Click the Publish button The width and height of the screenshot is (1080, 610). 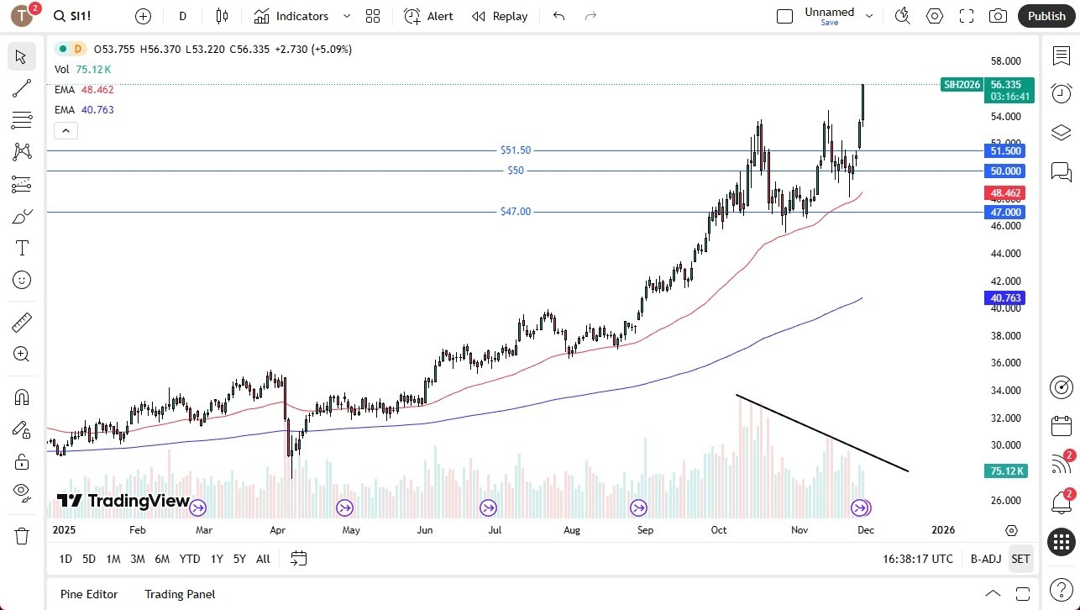coord(1046,16)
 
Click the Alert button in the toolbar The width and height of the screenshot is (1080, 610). coord(428,16)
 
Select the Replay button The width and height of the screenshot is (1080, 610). coord(500,16)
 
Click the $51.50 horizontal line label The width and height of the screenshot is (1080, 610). coord(516,150)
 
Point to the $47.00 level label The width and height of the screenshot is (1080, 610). coord(516,212)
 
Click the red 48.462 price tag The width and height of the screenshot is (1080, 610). coord(1005,193)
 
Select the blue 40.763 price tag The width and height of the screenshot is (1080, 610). coord(1005,298)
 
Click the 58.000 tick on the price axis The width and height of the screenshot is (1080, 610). coord(1005,61)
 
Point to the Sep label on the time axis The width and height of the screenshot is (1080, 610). coord(645,530)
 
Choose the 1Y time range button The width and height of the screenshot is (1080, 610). coord(217,559)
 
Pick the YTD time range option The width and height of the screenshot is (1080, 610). coord(190,559)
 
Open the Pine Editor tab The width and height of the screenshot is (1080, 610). coord(89,594)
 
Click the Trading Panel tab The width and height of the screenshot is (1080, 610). coord(180,594)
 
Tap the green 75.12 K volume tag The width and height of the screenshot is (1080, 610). coord(1005,471)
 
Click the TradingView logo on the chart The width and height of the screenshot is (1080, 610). coord(123,502)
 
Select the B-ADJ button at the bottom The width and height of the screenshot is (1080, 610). coord(985,559)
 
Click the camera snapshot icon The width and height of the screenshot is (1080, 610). coord(998,16)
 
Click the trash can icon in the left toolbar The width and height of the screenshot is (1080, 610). coord(22,536)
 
